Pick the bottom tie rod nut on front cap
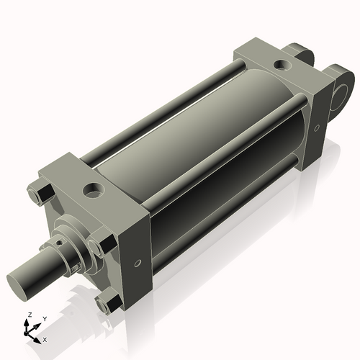[x=106, y=302]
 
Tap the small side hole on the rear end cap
[x=317, y=128]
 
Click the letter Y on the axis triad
[x=45, y=318]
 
